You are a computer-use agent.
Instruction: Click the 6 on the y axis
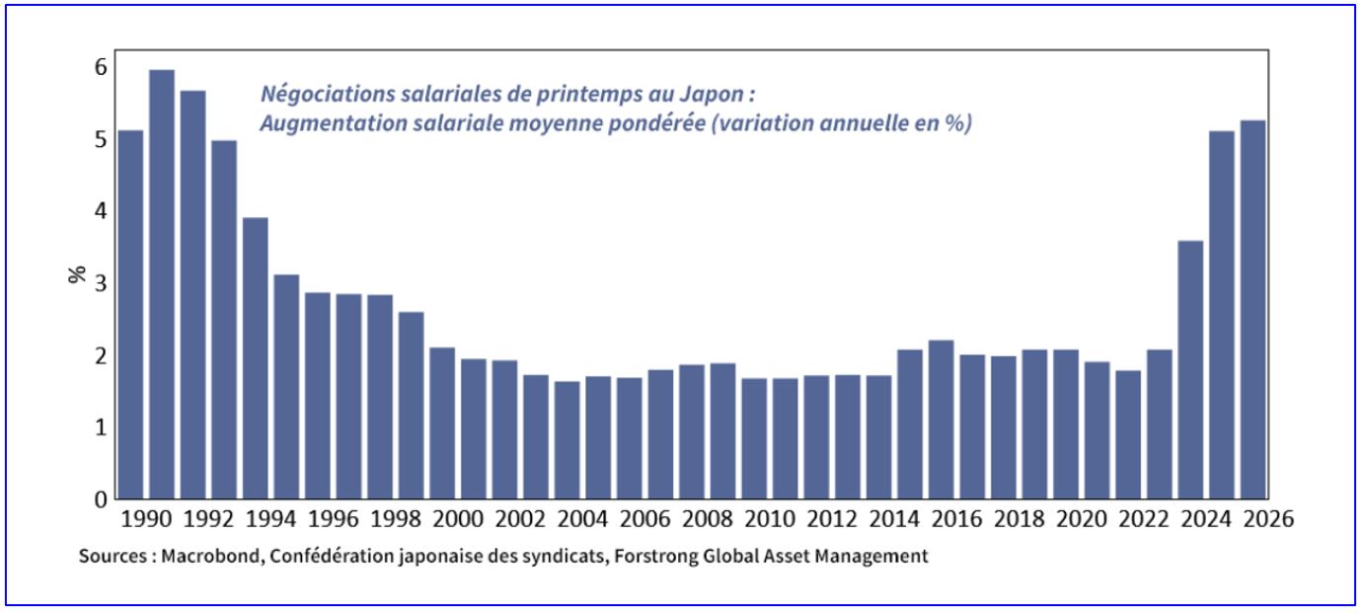click(x=100, y=67)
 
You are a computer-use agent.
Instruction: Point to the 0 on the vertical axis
click(x=100, y=499)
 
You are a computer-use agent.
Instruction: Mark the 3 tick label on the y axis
click(x=100, y=283)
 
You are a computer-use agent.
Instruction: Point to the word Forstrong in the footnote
click(x=652, y=556)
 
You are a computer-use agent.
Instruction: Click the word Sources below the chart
click(x=109, y=556)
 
